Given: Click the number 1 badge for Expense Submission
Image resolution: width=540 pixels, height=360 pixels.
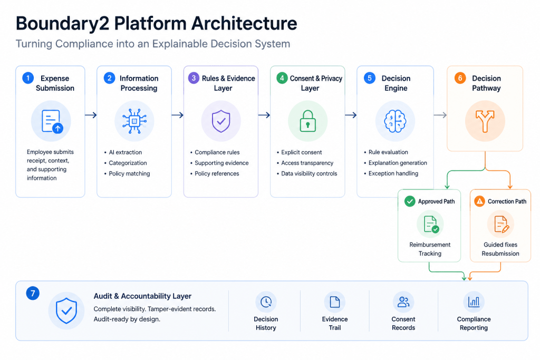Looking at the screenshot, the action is pyautogui.click(x=28, y=78).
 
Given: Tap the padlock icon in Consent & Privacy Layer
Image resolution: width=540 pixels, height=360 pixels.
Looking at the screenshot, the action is pyautogui.click(x=307, y=121).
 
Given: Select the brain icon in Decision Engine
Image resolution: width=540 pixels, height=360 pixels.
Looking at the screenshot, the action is pyautogui.click(x=395, y=121).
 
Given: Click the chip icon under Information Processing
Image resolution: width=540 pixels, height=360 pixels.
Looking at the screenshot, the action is pyautogui.click(x=134, y=121).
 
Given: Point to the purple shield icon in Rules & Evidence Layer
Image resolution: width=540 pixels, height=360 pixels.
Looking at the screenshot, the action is pyautogui.click(x=221, y=121).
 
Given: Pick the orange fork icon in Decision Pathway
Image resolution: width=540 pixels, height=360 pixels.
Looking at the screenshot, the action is pyautogui.click(x=485, y=121).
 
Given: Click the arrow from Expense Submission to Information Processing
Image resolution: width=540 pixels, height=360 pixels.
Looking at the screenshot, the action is pyautogui.click(x=91, y=115).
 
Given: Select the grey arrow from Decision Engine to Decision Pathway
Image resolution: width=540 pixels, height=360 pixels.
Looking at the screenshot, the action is pyautogui.click(x=440, y=115).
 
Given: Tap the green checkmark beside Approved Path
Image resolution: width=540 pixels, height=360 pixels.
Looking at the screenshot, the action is pyautogui.click(x=410, y=201).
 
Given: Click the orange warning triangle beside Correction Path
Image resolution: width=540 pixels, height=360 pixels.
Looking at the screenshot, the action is pyautogui.click(x=479, y=201).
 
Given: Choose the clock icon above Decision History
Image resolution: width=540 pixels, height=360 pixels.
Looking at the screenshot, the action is pyautogui.click(x=266, y=302).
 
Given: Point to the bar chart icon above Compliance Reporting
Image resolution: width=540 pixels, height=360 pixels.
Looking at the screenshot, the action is pyautogui.click(x=474, y=302).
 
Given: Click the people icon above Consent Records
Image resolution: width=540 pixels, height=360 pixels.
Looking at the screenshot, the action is pyautogui.click(x=403, y=302).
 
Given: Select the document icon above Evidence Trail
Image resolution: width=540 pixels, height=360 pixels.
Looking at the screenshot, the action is pyautogui.click(x=335, y=302).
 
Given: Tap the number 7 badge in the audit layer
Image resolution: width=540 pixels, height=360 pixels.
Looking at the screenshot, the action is pyautogui.click(x=33, y=293).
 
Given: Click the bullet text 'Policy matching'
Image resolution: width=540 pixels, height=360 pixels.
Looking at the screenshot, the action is pyautogui.click(x=130, y=173).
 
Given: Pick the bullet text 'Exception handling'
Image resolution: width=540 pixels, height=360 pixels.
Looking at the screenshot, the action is pyautogui.click(x=393, y=173).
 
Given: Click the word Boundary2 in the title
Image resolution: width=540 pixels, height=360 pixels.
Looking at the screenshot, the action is pyautogui.click(x=62, y=24).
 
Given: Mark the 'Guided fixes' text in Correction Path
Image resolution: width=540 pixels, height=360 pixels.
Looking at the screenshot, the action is pyautogui.click(x=500, y=245).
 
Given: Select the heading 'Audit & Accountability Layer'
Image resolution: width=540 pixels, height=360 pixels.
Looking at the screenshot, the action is pyautogui.click(x=142, y=296).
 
